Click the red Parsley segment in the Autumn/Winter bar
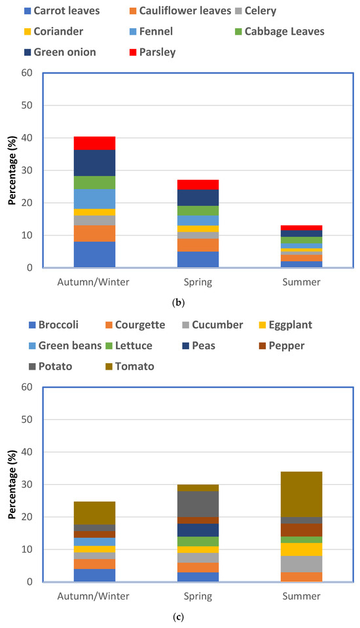pos(94,143)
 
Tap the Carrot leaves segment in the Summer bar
pos(301,264)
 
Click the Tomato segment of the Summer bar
pos(301,494)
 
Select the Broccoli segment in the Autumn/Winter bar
pos(94,575)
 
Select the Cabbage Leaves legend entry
pos(288,30)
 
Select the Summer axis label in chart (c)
pos(301,596)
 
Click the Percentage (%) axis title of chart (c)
pos(11,485)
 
